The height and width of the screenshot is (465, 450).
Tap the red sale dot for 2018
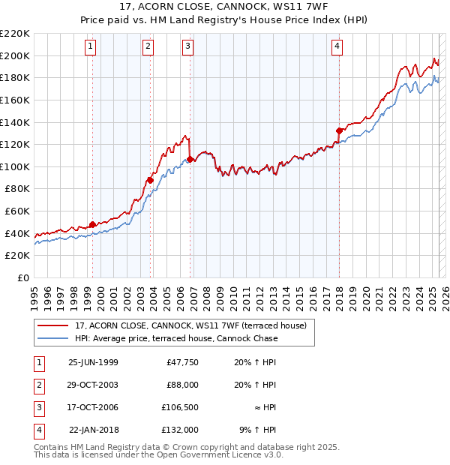coord(339,130)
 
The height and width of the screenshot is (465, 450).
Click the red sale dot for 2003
coord(151,180)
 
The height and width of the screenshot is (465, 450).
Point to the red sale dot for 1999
coord(93,224)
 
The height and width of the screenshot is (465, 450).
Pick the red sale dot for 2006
coord(190,159)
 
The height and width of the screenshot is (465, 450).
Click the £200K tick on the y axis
coord(16,55)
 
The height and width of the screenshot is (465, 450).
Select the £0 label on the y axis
coord(23,278)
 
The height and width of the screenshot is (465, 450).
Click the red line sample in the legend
coord(54,326)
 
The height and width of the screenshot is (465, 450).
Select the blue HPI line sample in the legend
coord(54,338)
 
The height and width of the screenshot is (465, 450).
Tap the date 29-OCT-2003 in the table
coord(93,385)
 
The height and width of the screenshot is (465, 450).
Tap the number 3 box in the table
coord(37,407)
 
